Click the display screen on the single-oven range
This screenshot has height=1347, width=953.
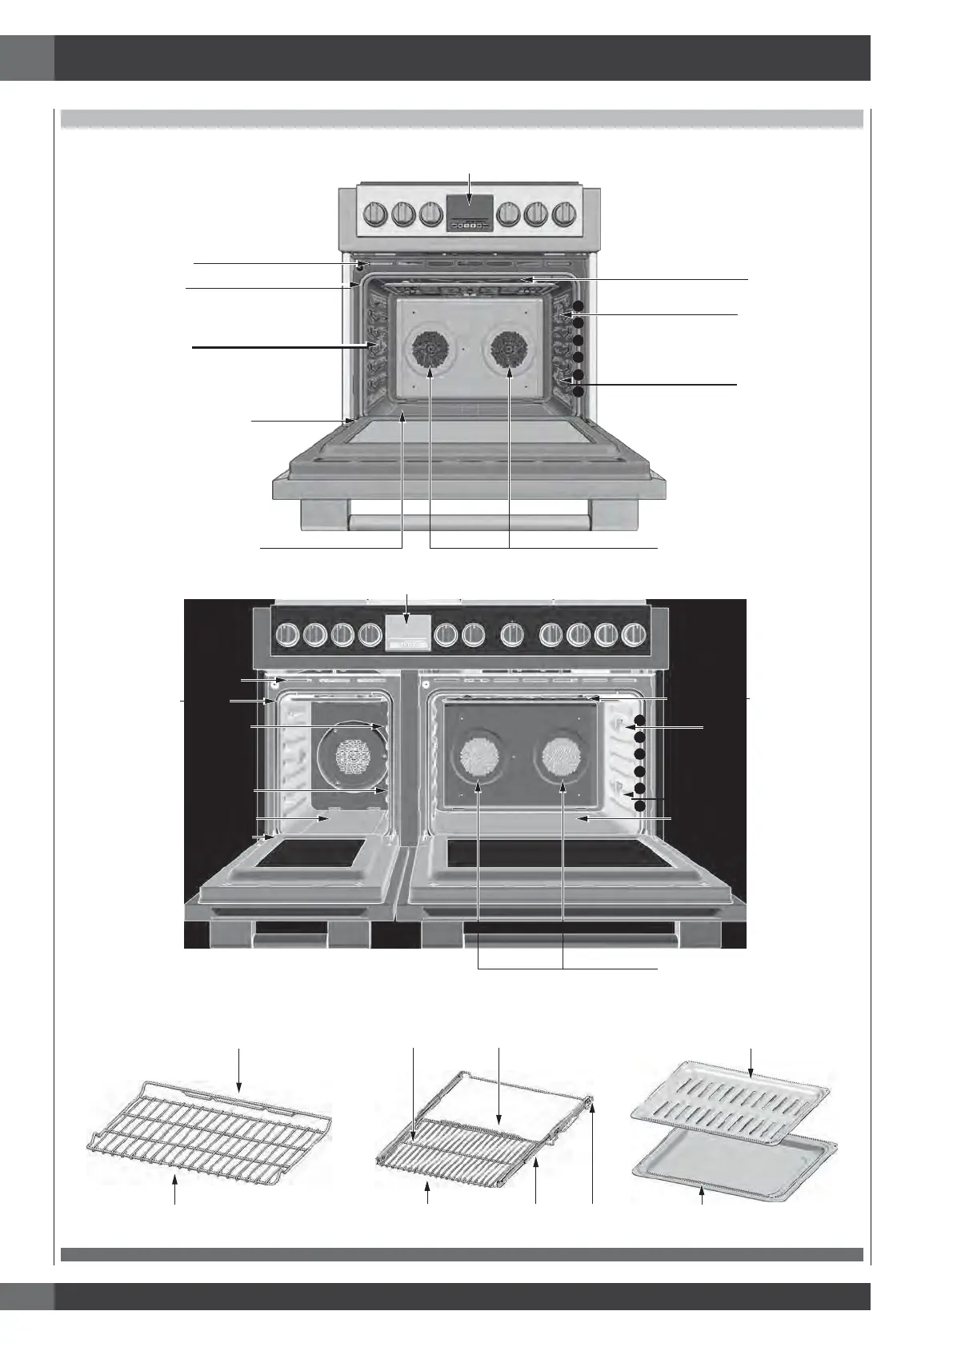click(470, 207)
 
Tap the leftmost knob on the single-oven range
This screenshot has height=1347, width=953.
click(374, 214)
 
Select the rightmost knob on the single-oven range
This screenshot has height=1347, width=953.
click(565, 214)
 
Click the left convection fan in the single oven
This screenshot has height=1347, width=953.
click(430, 350)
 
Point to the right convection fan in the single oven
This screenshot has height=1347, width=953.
click(509, 350)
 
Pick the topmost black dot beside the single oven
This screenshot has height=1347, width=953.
click(579, 307)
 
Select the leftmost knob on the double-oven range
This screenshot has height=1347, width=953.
click(285, 636)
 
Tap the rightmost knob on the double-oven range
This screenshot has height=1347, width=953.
click(634, 636)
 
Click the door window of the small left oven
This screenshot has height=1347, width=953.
click(312, 854)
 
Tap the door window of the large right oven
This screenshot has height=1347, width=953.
click(552, 853)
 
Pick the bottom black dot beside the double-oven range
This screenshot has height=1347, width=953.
click(639, 806)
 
